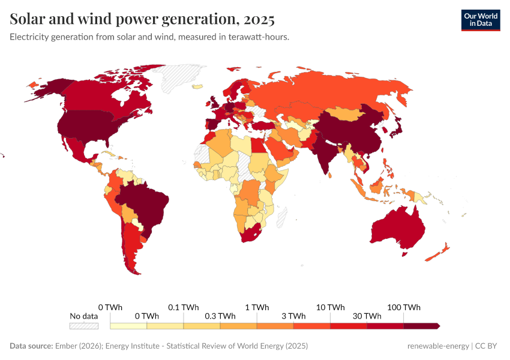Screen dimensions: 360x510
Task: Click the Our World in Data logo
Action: [x=480, y=20]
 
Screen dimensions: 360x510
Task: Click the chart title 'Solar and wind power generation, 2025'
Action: [x=142, y=19]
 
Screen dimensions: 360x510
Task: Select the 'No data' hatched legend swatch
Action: [x=83, y=326]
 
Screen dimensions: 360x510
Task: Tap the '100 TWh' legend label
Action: [x=404, y=307]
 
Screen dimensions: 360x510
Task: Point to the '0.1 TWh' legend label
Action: [x=183, y=307]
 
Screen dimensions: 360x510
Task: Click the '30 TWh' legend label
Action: [x=367, y=316]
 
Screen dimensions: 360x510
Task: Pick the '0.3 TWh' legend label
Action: [x=220, y=316]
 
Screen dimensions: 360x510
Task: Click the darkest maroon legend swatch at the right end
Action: [x=421, y=326]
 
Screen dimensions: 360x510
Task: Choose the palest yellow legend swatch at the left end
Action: [x=128, y=326]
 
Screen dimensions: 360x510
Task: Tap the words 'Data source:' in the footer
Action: [x=31, y=346]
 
